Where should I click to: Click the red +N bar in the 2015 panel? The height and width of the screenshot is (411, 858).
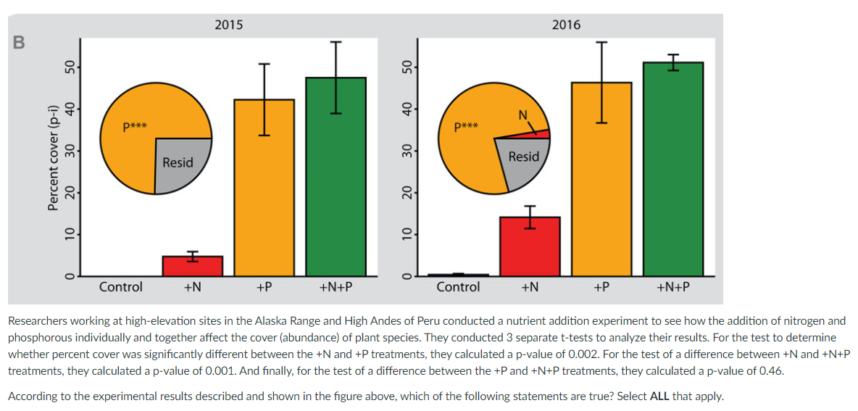192,266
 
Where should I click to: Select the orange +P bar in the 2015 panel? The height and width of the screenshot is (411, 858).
264,188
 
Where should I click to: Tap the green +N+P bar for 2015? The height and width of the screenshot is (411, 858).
336,177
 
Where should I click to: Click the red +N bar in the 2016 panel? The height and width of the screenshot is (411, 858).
530,246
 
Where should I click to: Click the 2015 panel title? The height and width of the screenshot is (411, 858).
229,25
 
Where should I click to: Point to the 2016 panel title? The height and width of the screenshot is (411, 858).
566,25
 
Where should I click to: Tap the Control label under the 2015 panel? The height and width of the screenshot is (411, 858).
121,287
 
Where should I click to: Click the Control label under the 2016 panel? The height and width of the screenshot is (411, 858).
458,287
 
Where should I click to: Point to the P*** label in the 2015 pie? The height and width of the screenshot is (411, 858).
135,127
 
